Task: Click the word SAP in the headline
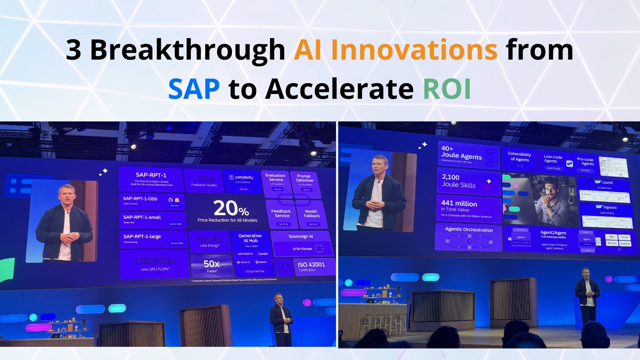[x=194, y=88]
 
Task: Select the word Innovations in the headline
[x=414, y=50]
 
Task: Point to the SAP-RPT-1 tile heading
[x=151, y=175]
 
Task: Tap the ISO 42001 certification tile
[x=311, y=266]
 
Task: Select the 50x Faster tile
[x=212, y=266]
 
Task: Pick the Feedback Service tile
[x=281, y=214]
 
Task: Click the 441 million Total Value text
[x=459, y=206]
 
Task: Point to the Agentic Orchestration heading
[x=469, y=230]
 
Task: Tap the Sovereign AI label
[x=301, y=236]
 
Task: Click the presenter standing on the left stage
[x=281, y=319]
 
